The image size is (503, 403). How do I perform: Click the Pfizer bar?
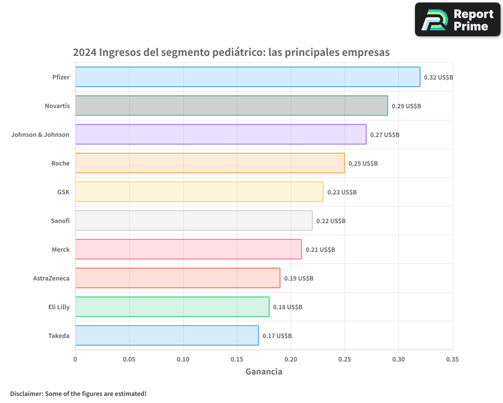click(247, 77)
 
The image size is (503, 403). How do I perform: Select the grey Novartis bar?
click(231, 105)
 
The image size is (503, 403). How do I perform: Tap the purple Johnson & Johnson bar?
click(221, 134)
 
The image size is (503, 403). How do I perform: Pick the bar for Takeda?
click(167, 335)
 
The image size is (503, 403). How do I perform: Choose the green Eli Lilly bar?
click(172, 307)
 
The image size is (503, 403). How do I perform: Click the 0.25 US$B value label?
click(363, 164)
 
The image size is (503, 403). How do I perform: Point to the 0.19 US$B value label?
click(298, 279)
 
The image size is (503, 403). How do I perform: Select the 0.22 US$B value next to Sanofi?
click(330, 221)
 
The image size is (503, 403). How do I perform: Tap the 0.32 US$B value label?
click(439, 78)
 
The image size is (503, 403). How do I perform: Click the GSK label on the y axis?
click(63, 192)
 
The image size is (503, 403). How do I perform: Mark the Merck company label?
click(60, 249)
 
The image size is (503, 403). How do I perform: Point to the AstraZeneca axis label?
click(51, 278)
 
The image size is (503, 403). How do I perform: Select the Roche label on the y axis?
click(60, 163)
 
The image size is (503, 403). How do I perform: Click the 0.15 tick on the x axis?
click(237, 359)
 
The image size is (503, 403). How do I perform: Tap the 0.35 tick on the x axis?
click(452, 359)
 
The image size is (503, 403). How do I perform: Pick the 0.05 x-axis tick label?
click(129, 359)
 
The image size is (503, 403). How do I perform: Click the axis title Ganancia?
click(264, 372)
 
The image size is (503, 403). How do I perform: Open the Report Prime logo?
click(457, 20)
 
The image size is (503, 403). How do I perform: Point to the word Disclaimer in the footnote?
click(26, 393)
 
